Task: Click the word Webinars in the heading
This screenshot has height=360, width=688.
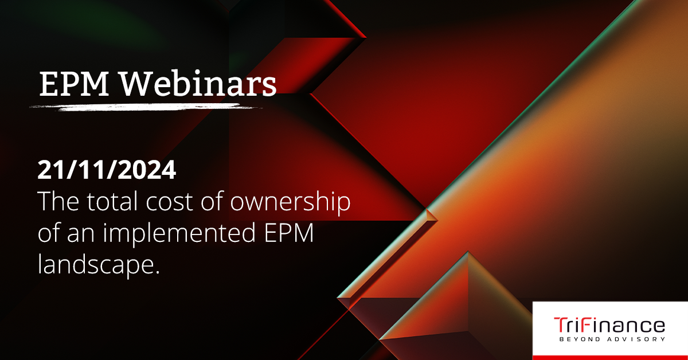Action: coord(198,83)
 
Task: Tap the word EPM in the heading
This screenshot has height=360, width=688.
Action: coord(74,84)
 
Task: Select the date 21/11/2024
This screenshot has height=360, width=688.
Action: coord(107,170)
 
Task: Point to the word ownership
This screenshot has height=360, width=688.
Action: coord(290,204)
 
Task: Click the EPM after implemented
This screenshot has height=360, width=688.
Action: coord(289,233)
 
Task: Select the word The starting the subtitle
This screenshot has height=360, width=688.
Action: coord(58,201)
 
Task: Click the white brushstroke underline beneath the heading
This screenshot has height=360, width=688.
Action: coord(146,107)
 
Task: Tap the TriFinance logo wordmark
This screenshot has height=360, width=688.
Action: coord(609,325)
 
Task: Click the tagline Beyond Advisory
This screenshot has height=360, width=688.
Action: coord(612,339)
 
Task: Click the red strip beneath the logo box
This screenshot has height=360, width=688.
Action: coord(610,358)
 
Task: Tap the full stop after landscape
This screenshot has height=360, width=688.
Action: coord(157,271)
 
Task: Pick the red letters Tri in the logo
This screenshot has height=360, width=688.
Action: coord(565,325)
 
